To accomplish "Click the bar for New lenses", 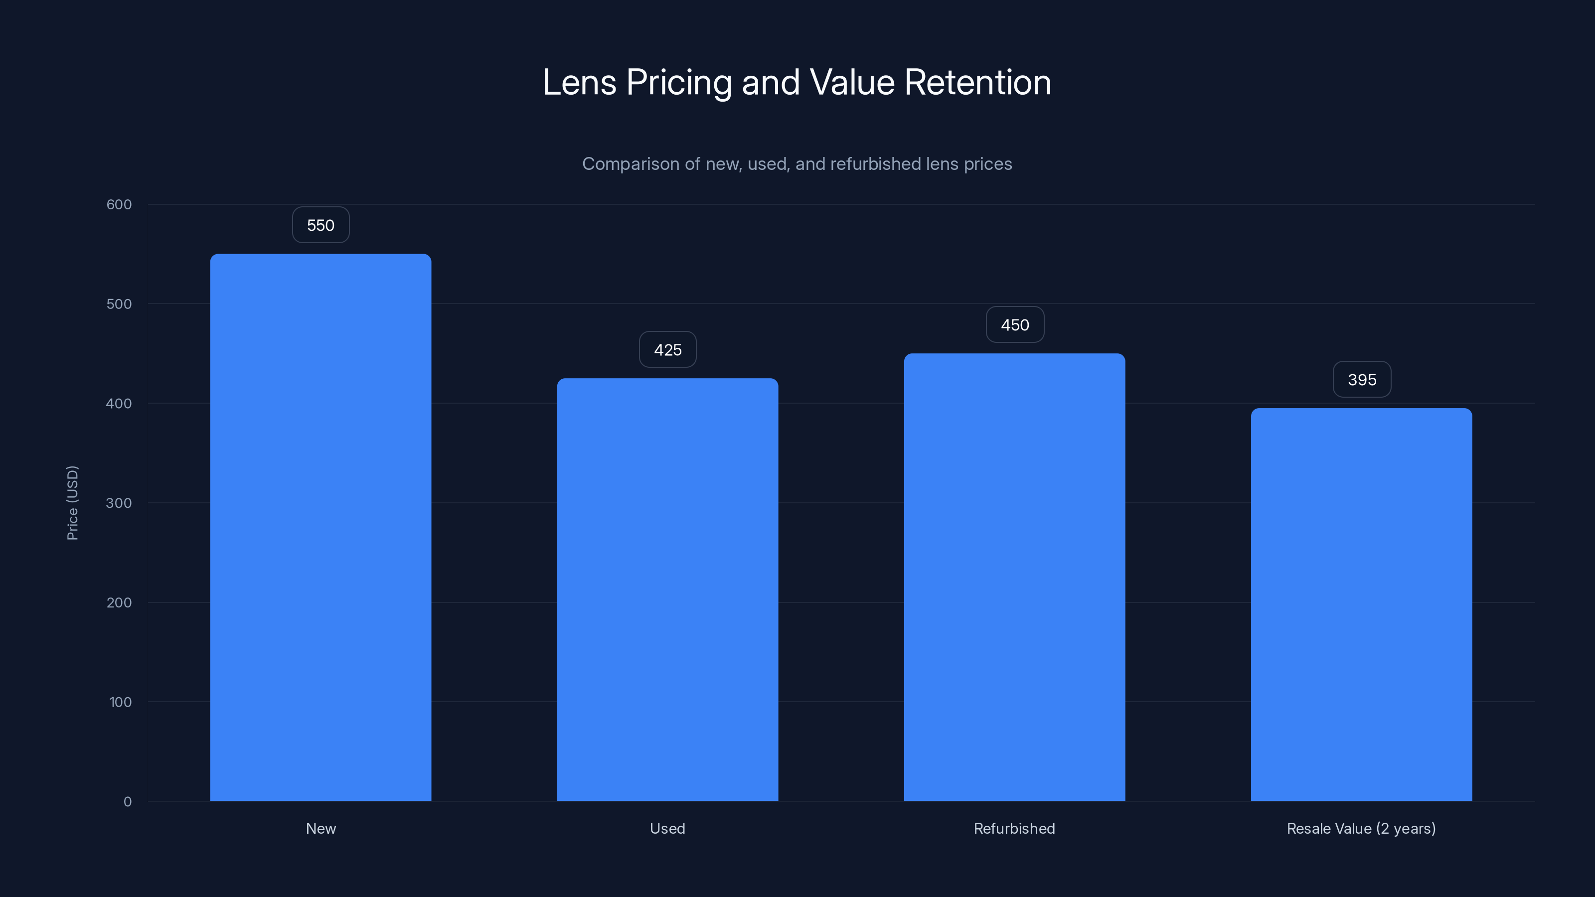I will (320, 527).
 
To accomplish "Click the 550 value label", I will (320, 225).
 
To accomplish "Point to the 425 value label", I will (667, 350).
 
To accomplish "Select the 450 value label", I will (1015, 325).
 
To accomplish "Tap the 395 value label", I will (1362, 379).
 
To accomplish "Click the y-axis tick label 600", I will (119, 204).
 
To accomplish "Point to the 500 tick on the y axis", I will (119, 304).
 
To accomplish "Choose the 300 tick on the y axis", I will (119, 503).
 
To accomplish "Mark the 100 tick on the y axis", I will (120, 702).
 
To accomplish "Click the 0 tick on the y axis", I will (128, 802).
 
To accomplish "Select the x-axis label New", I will (320, 828).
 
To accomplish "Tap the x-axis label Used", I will (667, 828).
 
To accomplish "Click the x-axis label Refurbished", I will (1014, 828).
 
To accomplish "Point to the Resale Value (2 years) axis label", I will (1361, 828).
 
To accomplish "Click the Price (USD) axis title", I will (72, 503).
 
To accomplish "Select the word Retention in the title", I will (977, 82).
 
